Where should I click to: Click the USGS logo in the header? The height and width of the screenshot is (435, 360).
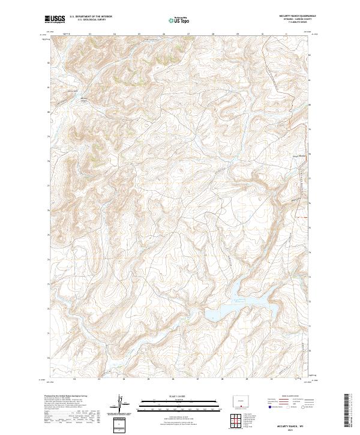click(56, 19)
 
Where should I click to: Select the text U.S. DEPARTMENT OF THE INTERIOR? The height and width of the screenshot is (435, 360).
click(90, 17)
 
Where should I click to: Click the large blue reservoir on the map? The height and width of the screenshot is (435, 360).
click(240, 306)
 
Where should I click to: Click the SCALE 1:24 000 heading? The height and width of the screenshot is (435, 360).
click(179, 397)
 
